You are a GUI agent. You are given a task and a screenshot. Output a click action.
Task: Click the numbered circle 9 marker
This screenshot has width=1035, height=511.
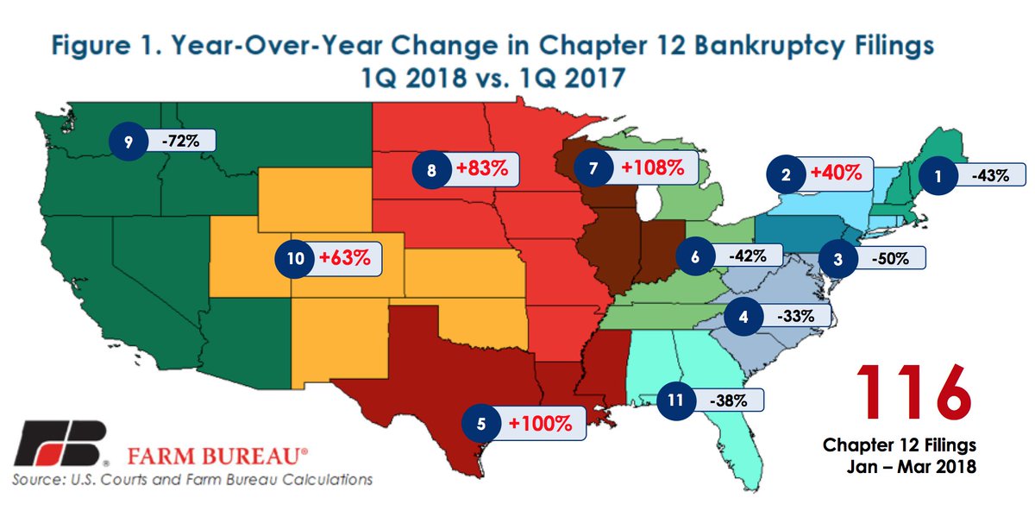tap(129, 142)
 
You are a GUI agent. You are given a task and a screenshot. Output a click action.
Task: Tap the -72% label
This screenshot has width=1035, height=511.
tap(179, 142)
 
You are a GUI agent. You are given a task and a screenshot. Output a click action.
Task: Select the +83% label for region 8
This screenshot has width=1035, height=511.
tap(476, 170)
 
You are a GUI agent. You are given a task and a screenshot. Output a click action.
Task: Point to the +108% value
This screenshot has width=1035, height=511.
tap(653, 168)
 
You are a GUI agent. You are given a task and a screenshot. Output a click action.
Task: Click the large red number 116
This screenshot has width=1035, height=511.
tap(913, 392)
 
